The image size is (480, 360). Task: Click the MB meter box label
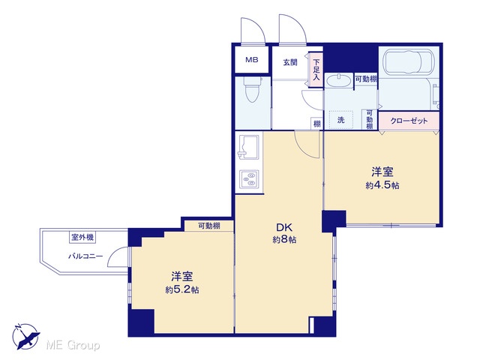pyautogui.click(x=252, y=60)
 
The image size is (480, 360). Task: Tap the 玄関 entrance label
pyautogui.click(x=289, y=62)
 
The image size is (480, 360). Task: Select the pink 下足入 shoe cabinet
pyautogui.click(x=316, y=70)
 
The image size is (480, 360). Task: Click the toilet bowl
pyautogui.click(x=252, y=89)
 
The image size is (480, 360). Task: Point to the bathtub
pyautogui.click(x=409, y=64)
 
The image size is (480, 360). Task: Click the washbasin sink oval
pyautogui.click(x=338, y=81)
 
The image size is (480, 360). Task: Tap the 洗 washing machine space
pyautogui.click(x=340, y=120)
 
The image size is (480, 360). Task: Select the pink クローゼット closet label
pyautogui.click(x=409, y=121)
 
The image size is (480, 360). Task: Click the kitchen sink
pyautogui.click(x=248, y=147)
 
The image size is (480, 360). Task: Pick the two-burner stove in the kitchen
pyautogui.click(x=249, y=179)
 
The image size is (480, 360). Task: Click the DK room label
pyautogui.click(x=284, y=227)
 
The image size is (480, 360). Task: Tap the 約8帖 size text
pyautogui.click(x=284, y=240)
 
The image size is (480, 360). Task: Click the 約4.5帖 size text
pyautogui.click(x=382, y=185)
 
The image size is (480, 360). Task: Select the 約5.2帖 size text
pyautogui.click(x=182, y=290)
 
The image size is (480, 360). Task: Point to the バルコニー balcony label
pyautogui.click(x=85, y=256)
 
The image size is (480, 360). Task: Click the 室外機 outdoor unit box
pyautogui.click(x=82, y=237)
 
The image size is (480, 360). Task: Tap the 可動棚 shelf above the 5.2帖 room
pyautogui.click(x=209, y=226)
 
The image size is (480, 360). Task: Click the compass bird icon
pyautogui.click(x=26, y=337)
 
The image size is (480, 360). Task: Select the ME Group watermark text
pyautogui.click(x=73, y=346)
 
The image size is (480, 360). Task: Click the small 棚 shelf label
pyautogui.click(x=316, y=124)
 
